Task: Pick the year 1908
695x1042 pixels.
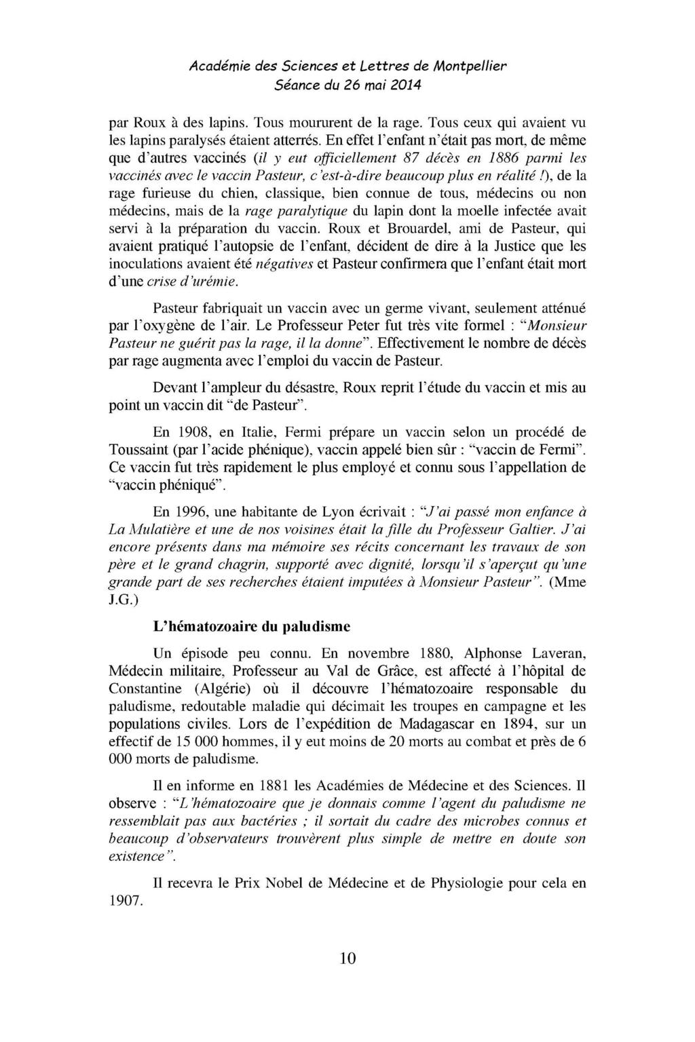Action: (195, 431)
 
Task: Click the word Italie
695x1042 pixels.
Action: (258, 431)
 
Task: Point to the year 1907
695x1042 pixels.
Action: (125, 901)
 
